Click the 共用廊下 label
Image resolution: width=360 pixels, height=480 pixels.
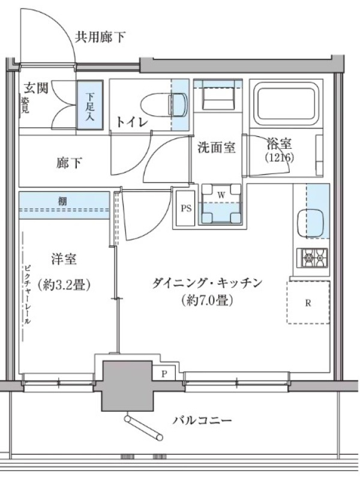(x=100, y=37)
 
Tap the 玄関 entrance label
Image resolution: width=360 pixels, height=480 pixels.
(x=36, y=88)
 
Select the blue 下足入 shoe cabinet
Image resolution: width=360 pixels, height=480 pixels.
(x=89, y=106)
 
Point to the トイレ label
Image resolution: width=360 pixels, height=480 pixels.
(x=131, y=122)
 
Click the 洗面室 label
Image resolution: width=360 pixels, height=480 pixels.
(x=217, y=148)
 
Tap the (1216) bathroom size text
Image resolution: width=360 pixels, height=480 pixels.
(x=280, y=157)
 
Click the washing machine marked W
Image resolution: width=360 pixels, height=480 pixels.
(x=221, y=204)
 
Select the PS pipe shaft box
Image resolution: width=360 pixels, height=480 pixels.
(x=186, y=208)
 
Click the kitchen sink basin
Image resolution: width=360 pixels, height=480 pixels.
(x=310, y=223)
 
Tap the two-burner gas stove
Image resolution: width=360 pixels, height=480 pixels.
(x=312, y=258)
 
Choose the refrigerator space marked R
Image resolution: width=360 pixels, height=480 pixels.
(x=308, y=302)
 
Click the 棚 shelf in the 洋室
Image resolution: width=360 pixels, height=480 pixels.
(x=64, y=205)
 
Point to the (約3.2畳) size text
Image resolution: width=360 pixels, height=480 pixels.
(x=64, y=285)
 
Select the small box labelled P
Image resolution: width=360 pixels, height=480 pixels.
(x=164, y=373)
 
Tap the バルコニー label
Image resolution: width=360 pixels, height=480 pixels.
(x=202, y=420)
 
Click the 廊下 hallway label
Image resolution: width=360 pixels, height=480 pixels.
(x=69, y=163)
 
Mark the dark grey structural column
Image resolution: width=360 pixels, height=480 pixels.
(x=127, y=386)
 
